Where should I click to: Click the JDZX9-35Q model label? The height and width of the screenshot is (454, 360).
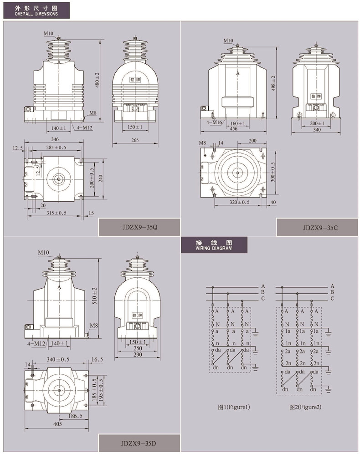(x=140, y=227)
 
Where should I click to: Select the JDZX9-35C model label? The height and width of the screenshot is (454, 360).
(x=320, y=228)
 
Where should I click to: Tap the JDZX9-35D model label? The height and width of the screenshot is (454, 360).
(x=139, y=443)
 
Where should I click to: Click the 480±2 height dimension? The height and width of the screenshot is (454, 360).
(x=97, y=80)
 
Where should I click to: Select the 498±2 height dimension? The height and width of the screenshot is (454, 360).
(x=273, y=83)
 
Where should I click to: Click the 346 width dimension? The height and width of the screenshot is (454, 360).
(x=55, y=139)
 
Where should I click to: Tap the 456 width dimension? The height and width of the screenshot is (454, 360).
(x=233, y=128)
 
